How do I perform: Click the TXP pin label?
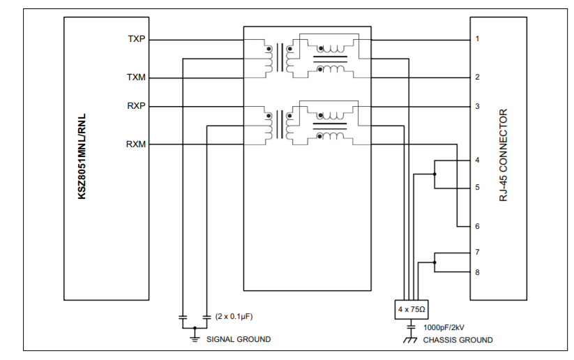click(136, 39)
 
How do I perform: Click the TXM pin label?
click(136, 77)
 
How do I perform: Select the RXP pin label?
click(136, 106)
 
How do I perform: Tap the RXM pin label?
click(136, 144)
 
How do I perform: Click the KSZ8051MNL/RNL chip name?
click(82, 158)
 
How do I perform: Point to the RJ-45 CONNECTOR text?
click(503, 156)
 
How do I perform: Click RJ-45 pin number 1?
click(477, 39)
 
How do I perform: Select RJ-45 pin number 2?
click(477, 77)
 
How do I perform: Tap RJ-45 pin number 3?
click(477, 106)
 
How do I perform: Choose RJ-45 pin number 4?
click(477, 160)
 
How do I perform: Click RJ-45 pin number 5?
click(477, 188)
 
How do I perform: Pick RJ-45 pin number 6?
click(477, 227)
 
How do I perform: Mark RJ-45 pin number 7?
click(477, 252)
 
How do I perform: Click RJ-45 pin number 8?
click(477, 272)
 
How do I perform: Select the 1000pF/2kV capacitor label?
click(446, 327)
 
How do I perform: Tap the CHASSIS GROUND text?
click(458, 340)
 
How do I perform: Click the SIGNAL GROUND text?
click(239, 339)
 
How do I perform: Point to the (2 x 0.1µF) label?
click(234, 316)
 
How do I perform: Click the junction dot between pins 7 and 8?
click(435, 262)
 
